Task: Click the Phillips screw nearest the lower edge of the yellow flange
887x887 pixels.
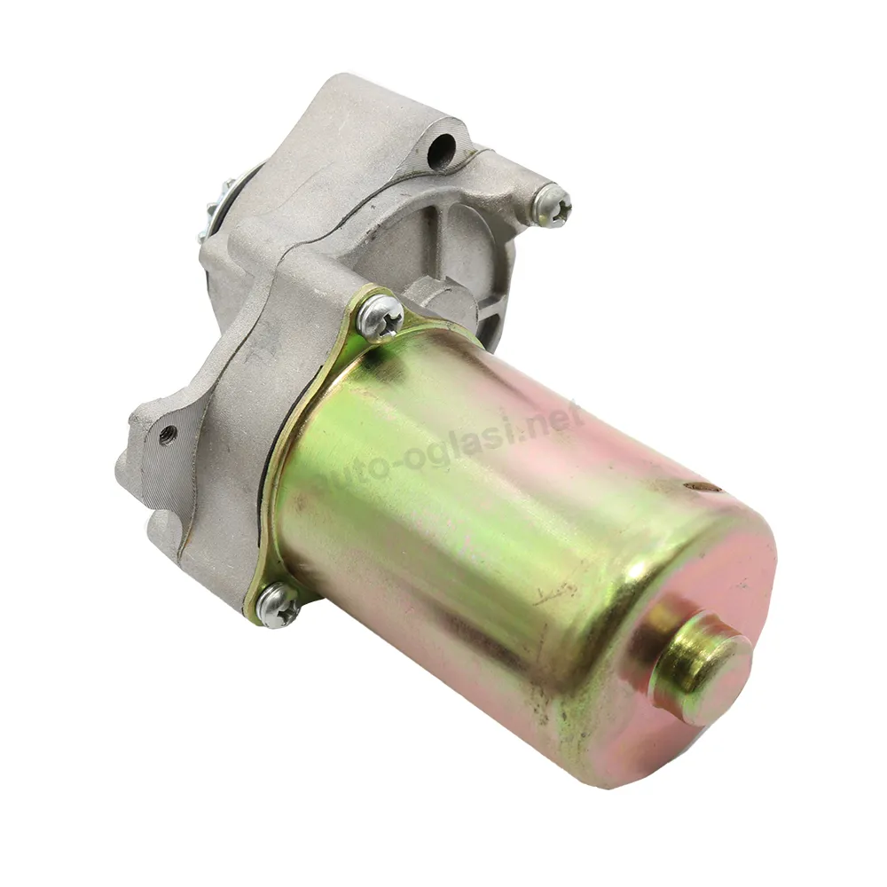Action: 277,605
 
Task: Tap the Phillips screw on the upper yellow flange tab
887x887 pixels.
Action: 381,318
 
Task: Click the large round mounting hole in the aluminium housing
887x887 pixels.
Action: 442,149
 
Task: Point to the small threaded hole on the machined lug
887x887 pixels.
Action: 167,435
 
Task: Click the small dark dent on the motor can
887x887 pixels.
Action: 703,485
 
